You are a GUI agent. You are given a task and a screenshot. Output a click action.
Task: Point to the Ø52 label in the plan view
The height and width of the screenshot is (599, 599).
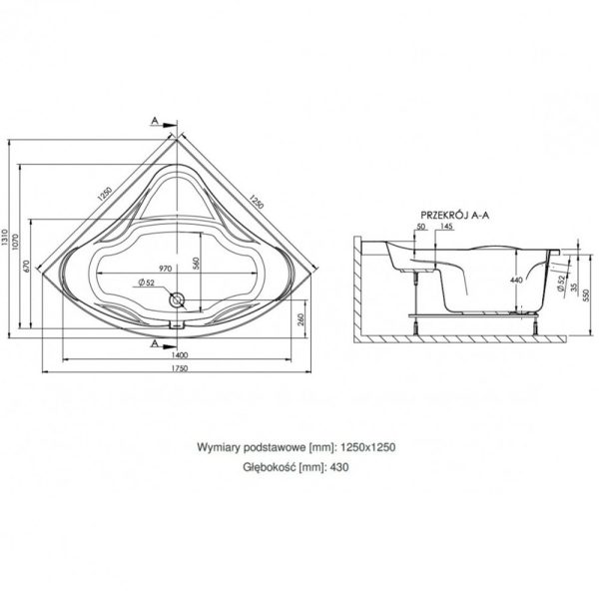coord(148,284)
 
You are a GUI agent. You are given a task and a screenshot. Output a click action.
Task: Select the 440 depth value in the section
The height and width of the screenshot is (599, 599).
coord(516,282)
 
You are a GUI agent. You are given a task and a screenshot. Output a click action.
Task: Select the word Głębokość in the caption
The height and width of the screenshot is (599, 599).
coord(271,465)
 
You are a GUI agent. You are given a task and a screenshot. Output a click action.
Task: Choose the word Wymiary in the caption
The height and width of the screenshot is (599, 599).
coord(226,448)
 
